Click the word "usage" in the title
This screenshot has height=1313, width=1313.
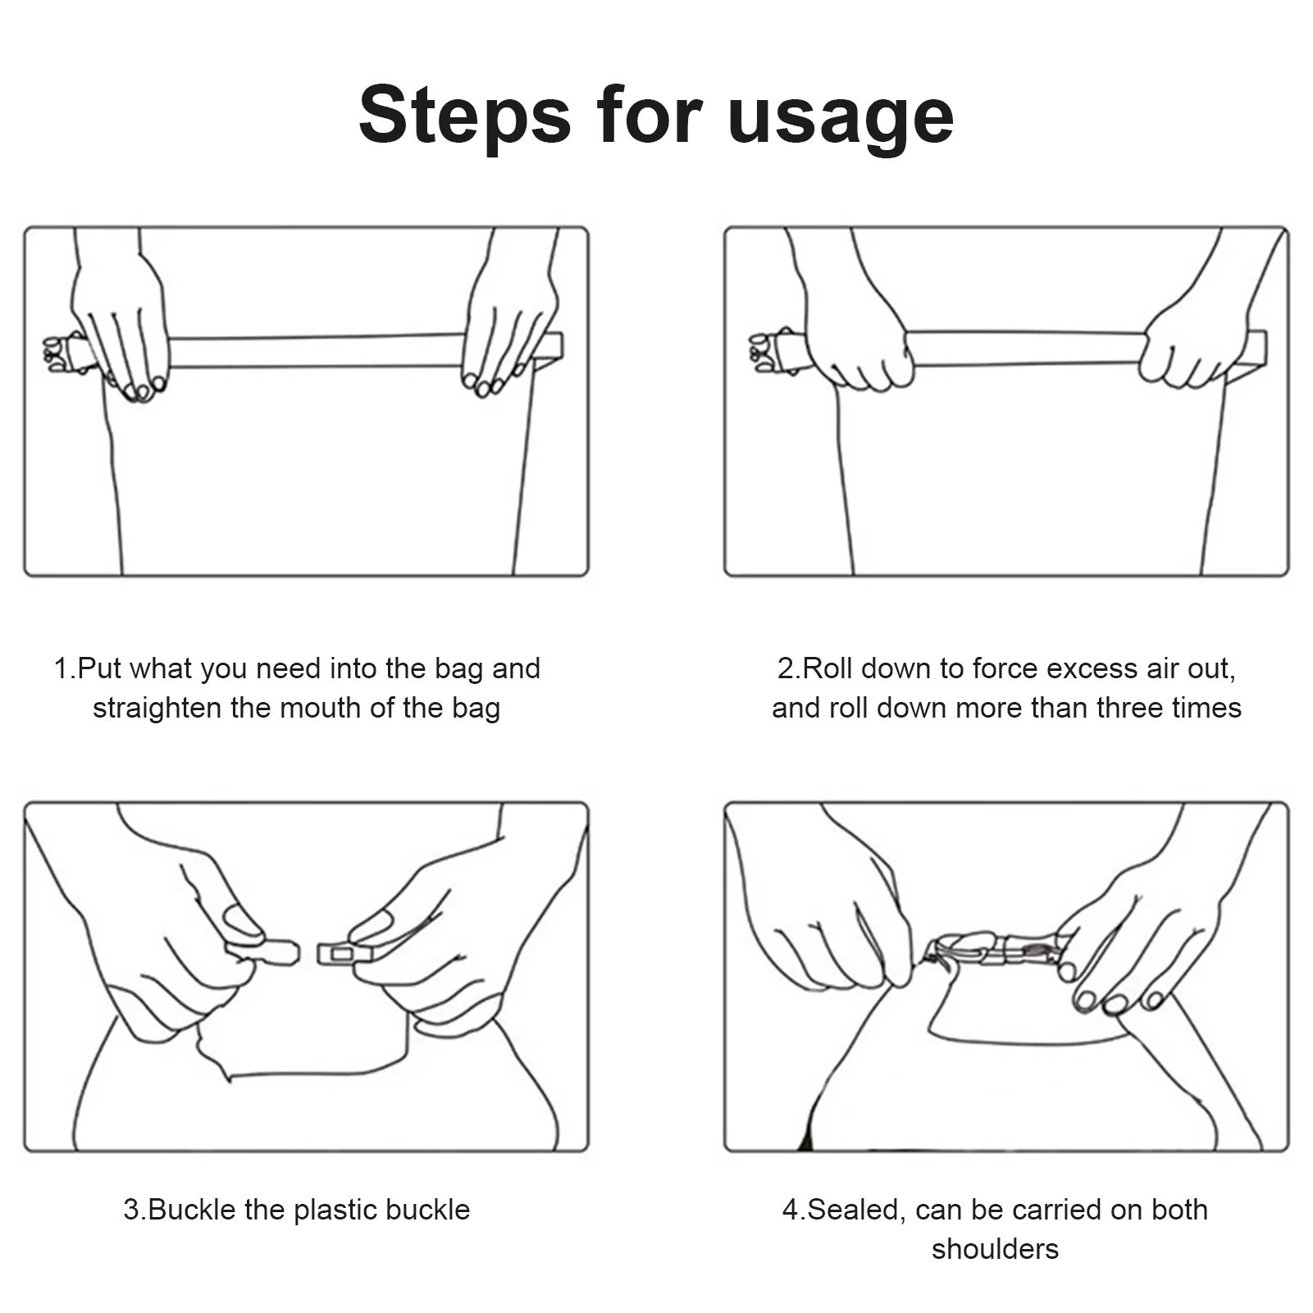[841, 119]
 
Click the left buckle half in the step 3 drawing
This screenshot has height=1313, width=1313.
[263, 952]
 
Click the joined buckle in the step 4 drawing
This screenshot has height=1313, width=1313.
[996, 951]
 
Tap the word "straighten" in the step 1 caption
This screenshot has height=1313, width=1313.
[157, 708]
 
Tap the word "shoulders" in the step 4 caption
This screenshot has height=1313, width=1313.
[995, 1249]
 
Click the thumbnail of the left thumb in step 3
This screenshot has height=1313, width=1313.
[244, 919]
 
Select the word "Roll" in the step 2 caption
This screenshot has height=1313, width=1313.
[827, 668]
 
